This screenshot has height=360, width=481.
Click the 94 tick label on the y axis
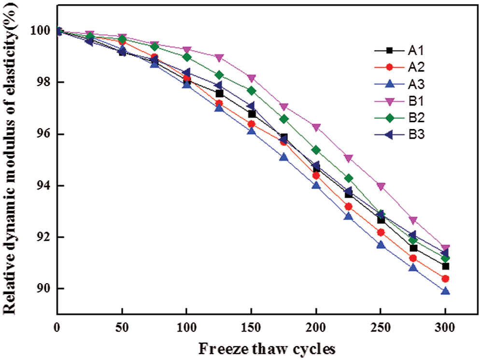[x=41, y=186]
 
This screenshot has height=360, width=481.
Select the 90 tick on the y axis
[x=41, y=289]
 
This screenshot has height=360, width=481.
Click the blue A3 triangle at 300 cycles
[x=445, y=291]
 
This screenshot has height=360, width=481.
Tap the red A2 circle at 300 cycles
[x=445, y=279]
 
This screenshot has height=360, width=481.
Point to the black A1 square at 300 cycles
[x=445, y=266]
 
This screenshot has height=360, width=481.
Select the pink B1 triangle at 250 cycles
[x=381, y=187]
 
